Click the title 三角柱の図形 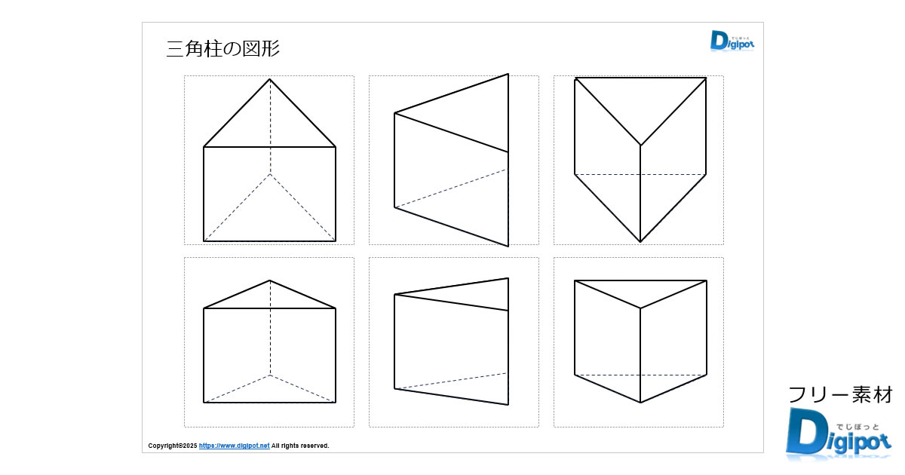click(x=222, y=49)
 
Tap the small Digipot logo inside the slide click(x=732, y=41)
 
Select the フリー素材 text click(x=840, y=395)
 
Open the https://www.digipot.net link click(x=234, y=446)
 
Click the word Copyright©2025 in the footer click(x=173, y=446)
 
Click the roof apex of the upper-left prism click(x=270, y=79)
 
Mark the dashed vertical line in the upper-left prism click(x=270, y=127)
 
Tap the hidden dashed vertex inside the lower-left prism click(x=270, y=375)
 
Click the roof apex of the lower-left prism click(x=270, y=280)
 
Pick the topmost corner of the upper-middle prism click(x=508, y=74)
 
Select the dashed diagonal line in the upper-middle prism click(x=451, y=188)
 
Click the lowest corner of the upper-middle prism click(x=508, y=246)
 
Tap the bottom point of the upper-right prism click(x=640, y=242)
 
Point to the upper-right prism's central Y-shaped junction click(x=640, y=145)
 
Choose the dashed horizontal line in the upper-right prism click(x=640, y=174)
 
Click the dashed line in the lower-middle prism click(x=451, y=381)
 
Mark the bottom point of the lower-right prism click(x=640, y=403)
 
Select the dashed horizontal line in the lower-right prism click(x=640, y=375)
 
